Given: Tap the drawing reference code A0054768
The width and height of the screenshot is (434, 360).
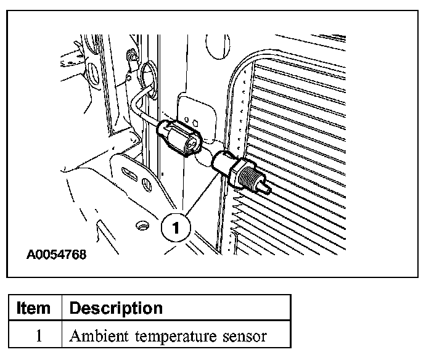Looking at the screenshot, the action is pos(56,254).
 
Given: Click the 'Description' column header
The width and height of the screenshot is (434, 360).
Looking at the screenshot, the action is pos(116,308).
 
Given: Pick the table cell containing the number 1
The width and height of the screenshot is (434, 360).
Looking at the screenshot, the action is pos(35,336).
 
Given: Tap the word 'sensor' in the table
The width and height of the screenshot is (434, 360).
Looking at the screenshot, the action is pos(244,337).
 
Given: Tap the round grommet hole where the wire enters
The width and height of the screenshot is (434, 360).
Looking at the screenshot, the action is pos(149,74).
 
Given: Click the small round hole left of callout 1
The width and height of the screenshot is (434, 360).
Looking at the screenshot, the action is pos(144,226).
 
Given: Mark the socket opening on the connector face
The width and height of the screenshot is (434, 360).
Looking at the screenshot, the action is pos(192,144).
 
